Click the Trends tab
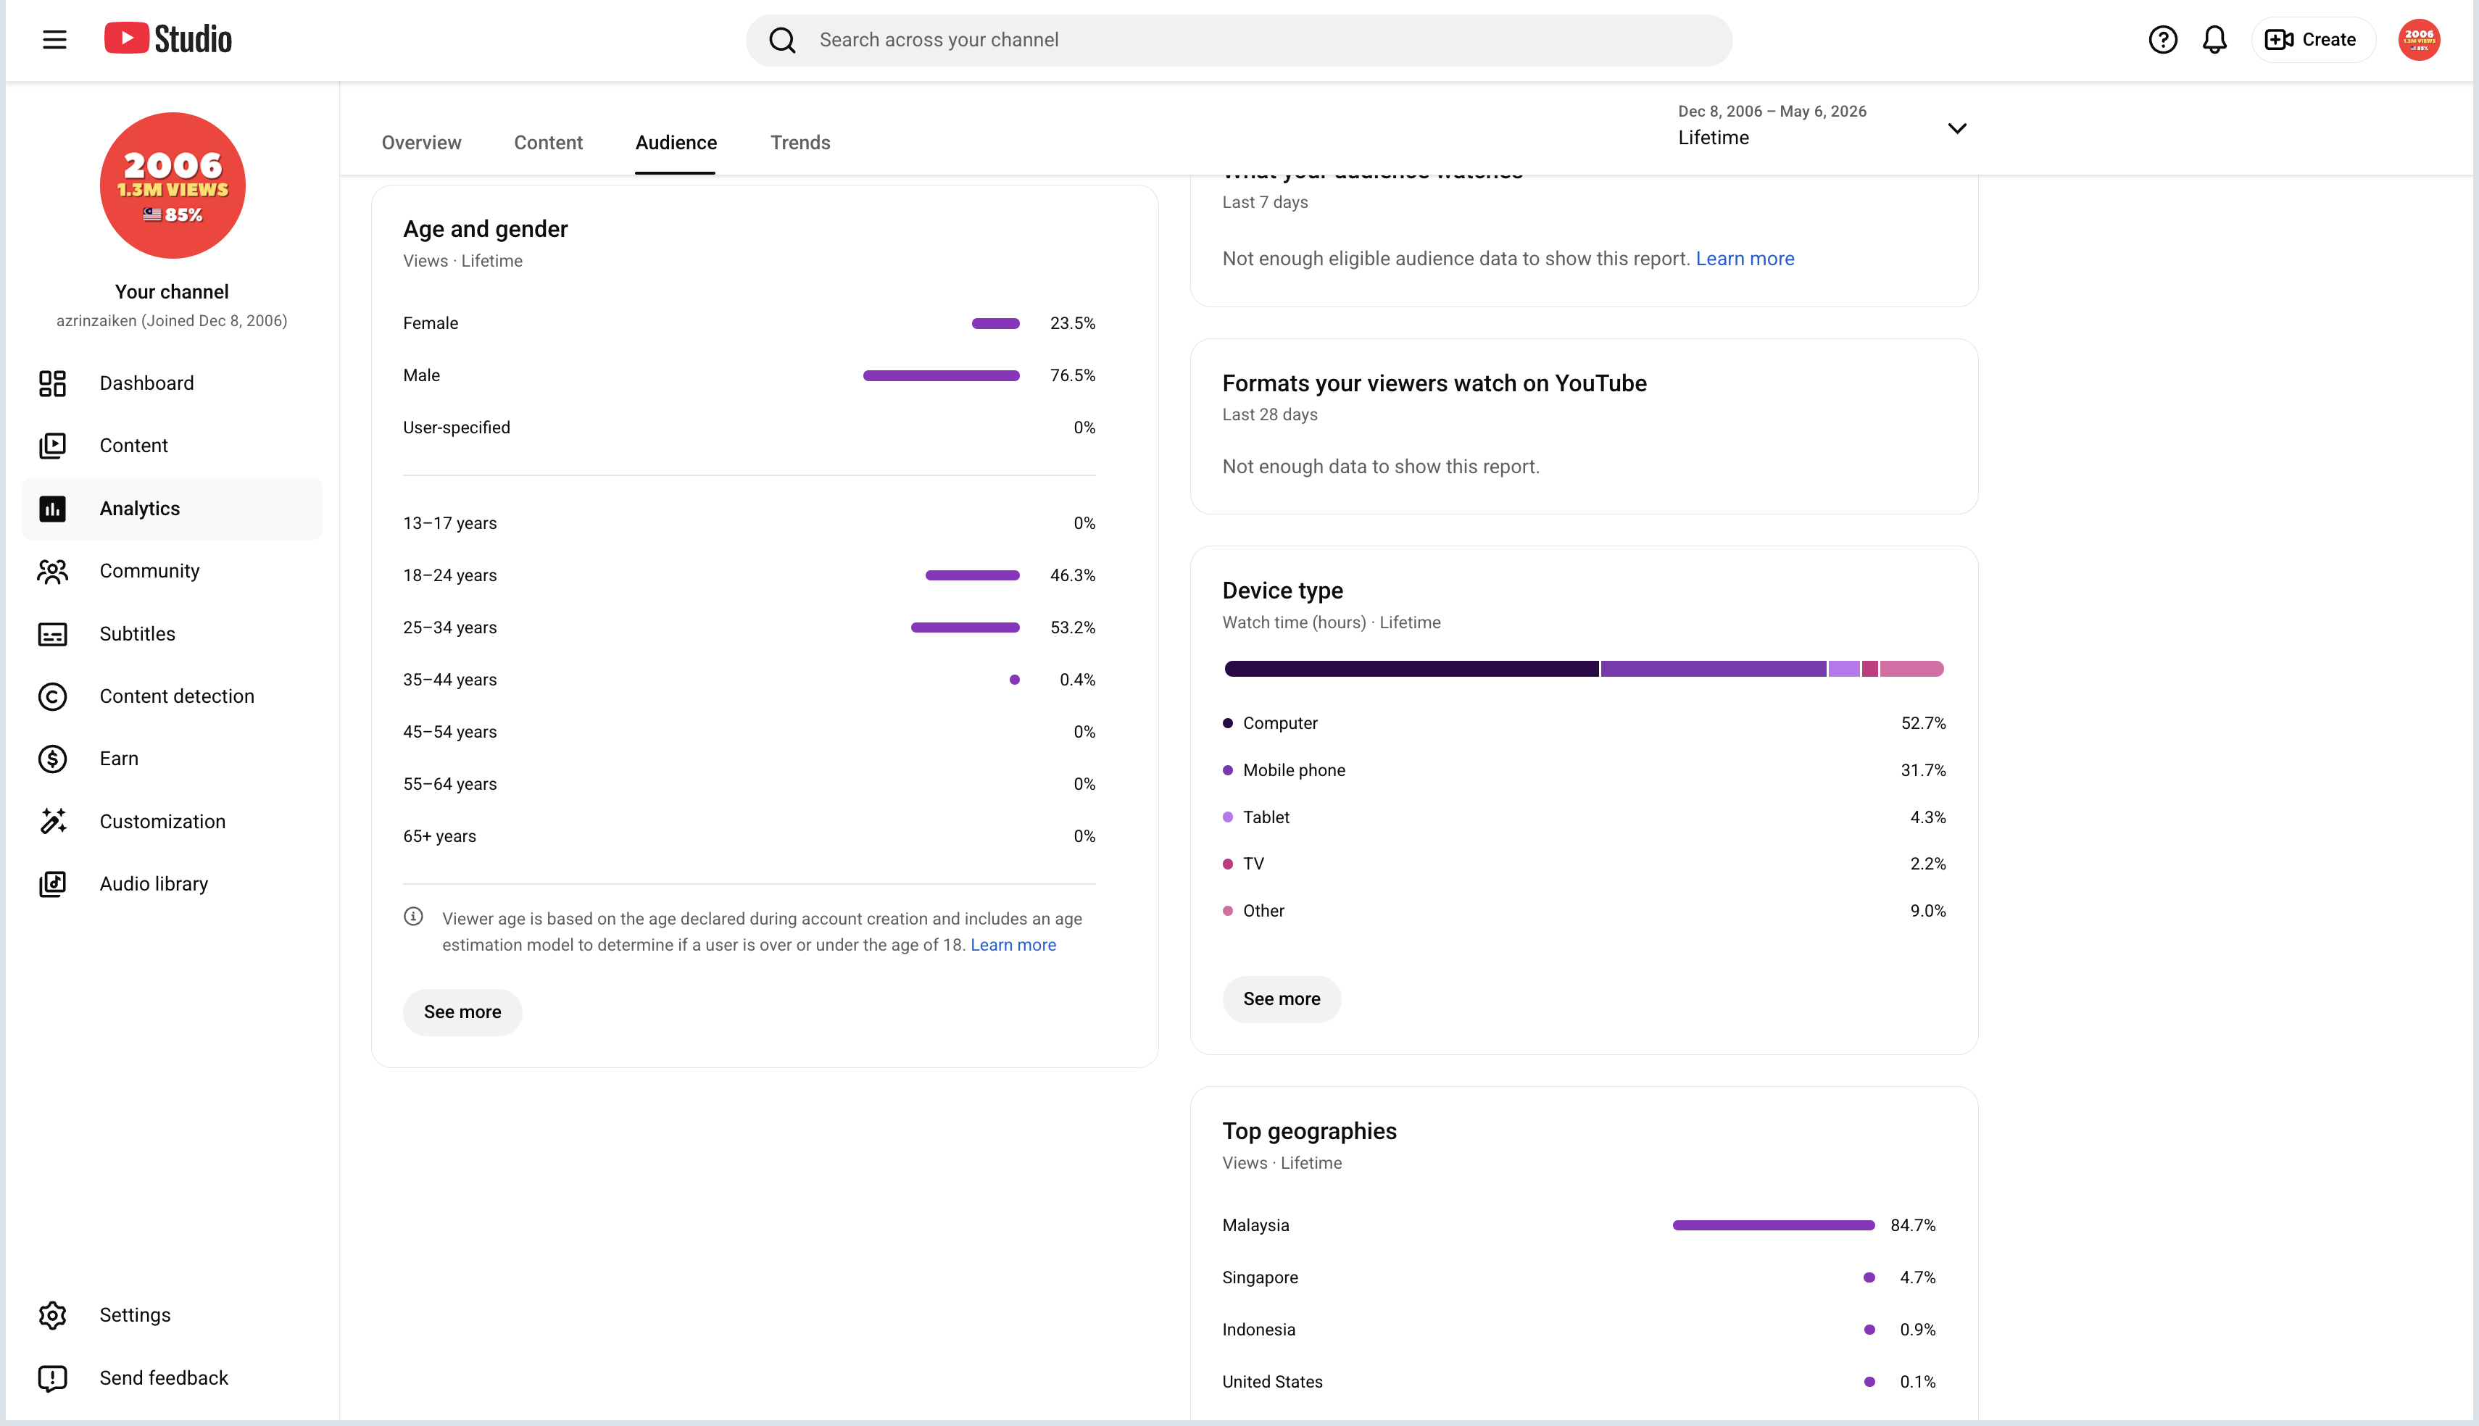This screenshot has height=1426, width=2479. click(800, 143)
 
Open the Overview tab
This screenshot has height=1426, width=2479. click(421, 143)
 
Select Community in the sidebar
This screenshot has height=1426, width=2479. click(149, 571)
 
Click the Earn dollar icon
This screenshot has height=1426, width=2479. click(53, 759)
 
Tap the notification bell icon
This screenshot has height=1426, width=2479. click(2214, 40)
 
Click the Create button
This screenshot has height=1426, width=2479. click(2312, 40)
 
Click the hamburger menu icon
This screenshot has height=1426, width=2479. click(55, 40)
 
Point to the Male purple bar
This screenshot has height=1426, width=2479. click(942, 376)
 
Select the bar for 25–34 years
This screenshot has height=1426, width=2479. click(965, 627)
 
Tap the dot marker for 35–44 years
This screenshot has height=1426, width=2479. click(1015, 680)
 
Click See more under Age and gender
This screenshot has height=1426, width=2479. click(462, 1012)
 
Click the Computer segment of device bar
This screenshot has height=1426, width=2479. click(1411, 669)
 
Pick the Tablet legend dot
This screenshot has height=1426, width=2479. click(1227, 817)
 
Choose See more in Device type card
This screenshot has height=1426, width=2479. click(1281, 999)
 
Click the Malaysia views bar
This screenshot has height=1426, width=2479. click(1774, 1225)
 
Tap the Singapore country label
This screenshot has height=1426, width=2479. click(1260, 1277)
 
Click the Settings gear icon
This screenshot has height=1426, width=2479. click(53, 1315)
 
